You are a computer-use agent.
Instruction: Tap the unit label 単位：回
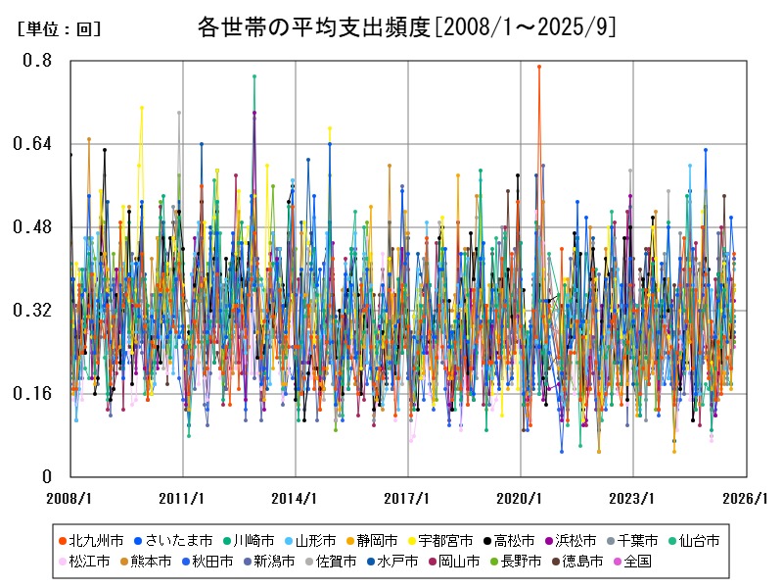[x=59, y=29]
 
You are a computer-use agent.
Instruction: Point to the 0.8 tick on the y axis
[x=38, y=61]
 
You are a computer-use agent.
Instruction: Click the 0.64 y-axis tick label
[x=33, y=144]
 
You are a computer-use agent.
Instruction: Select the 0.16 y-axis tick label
[x=33, y=394]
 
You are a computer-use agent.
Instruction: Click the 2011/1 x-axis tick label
[x=183, y=498]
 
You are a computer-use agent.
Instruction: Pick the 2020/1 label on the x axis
[x=521, y=498]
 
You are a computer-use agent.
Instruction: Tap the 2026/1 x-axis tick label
[x=746, y=498]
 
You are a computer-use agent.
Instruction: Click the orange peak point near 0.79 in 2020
[x=538, y=67]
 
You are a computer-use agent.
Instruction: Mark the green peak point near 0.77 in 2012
[x=254, y=76]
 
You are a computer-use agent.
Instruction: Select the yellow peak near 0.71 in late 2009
[x=142, y=108]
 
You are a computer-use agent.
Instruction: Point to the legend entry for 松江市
[x=90, y=562]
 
